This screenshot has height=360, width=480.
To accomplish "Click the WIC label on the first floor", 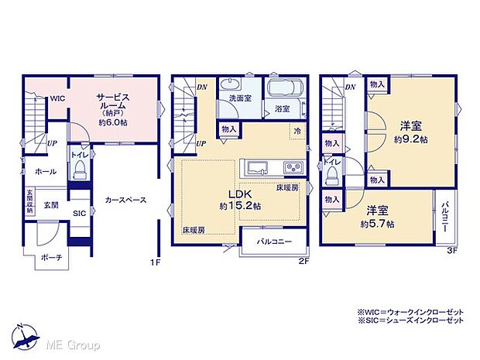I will tap(58, 100).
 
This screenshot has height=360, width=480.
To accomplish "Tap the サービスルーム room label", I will tap(113, 105).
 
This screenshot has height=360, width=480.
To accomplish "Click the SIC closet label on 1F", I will tap(79, 214).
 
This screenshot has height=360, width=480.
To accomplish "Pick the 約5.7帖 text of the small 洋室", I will tap(378, 224).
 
